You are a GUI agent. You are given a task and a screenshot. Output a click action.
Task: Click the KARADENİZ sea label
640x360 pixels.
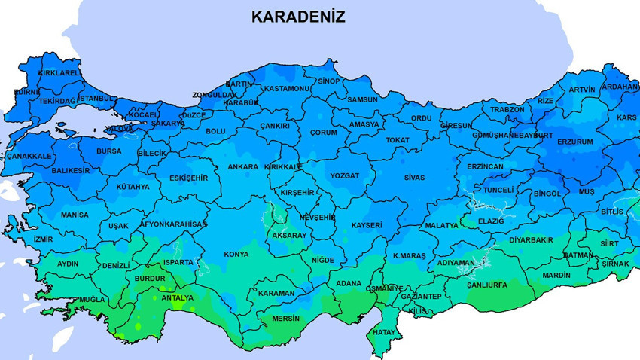pos(298,17)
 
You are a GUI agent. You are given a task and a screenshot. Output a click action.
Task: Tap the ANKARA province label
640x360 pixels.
pos(243,166)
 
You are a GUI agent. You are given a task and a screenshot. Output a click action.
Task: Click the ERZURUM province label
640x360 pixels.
pos(575,142)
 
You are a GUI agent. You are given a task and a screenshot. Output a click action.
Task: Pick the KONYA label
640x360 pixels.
pos(236,255)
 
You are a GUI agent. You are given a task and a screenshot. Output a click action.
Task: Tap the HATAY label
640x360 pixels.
pos(384,332)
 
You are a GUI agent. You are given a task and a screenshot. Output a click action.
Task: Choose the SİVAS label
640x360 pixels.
pos(414,178)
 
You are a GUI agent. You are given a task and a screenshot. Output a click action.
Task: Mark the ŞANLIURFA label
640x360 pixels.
pos(486,285)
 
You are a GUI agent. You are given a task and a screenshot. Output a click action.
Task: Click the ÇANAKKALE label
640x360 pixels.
pos(29,156)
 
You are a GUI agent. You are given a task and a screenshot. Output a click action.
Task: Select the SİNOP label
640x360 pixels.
pos(329,81)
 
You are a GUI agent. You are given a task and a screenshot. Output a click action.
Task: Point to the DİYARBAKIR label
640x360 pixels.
pos(532,240)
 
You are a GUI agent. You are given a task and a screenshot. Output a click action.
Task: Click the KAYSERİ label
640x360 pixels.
pos(367,225)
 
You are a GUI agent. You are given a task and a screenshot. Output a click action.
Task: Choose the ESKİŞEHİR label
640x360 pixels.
pos(188,178)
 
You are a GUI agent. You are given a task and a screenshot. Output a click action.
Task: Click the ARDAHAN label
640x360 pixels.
pos(620,87)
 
